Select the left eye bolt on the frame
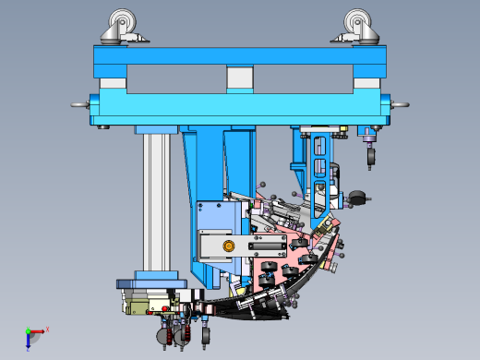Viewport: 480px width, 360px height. click(x=78, y=104)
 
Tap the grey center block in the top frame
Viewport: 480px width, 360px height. click(x=239, y=78)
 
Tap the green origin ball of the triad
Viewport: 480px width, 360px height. click(x=28, y=331)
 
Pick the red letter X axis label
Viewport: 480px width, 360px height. click(x=47, y=329)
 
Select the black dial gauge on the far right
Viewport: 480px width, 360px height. click(x=358, y=197)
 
